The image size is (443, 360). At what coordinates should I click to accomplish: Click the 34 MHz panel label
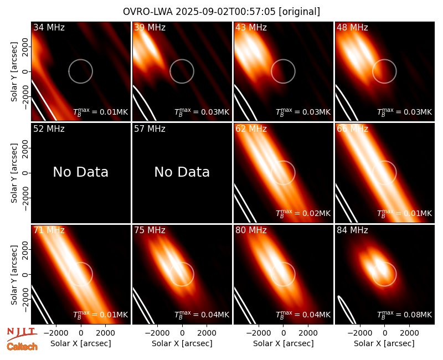[x=49, y=27]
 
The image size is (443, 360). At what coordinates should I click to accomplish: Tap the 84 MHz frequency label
[x=352, y=230]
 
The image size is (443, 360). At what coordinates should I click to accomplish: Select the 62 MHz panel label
[x=251, y=129]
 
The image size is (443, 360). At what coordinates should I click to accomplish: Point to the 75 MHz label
[x=150, y=230]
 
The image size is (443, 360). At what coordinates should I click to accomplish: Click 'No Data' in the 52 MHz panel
[x=81, y=172]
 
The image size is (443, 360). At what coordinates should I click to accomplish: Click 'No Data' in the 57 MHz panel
[x=182, y=172]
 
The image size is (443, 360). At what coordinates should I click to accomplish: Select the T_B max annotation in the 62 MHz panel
[x=303, y=213]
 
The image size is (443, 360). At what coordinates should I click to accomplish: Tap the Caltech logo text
[x=22, y=347]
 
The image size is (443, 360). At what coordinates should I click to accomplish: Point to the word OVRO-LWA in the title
[x=148, y=12]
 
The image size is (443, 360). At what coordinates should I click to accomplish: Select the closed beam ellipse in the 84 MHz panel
[x=347, y=310]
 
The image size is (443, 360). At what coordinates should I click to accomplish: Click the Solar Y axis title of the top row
[x=14, y=72]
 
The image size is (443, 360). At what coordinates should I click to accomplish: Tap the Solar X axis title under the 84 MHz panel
[x=384, y=343]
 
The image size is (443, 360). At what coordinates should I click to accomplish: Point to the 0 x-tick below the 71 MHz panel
[x=81, y=333]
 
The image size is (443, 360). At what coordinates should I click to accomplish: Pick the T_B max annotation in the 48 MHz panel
[x=405, y=112]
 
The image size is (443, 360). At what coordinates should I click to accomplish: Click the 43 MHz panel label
[x=251, y=27]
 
